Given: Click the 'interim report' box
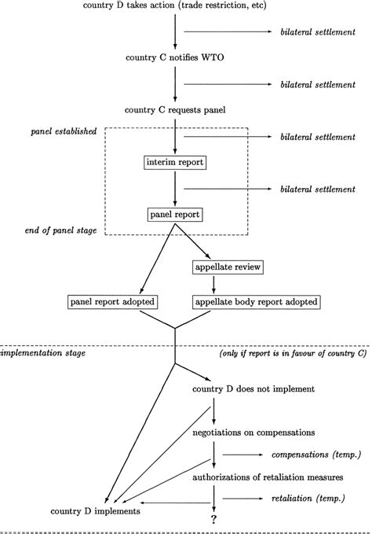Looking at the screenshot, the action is [175, 162].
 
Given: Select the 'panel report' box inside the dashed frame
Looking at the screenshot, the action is [175, 215].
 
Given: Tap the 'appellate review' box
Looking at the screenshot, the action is [228, 267].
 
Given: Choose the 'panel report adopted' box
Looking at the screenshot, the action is [112, 302].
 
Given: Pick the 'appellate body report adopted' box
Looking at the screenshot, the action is [257, 302].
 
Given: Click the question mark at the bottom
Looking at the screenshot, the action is [213, 519].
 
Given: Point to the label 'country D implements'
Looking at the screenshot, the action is [95, 511].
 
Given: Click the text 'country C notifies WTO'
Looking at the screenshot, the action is [175, 57].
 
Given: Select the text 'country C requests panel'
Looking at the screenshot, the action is [175, 110].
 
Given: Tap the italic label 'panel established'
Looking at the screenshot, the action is [64, 131].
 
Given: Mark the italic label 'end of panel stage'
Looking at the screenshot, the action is [60, 230].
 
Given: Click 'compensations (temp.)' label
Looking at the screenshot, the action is [316, 455].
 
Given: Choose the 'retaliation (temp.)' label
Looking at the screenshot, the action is [308, 499].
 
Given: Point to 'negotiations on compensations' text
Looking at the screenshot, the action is [253, 433].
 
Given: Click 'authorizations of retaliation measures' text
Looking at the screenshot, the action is [268, 477].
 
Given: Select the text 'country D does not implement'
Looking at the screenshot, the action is [253, 389].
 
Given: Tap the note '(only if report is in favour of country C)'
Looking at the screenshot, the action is [294, 353].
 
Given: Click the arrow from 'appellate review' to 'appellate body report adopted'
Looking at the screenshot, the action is [213, 285].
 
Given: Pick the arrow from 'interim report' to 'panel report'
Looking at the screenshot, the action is [175, 189].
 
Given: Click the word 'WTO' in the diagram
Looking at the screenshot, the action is [213, 57].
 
